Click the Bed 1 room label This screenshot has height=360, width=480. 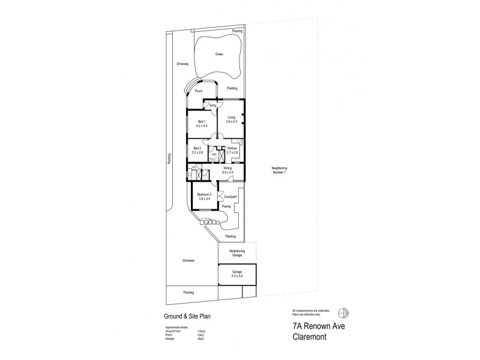[x=202, y=122]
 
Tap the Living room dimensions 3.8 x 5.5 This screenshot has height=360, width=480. [x=232, y=122]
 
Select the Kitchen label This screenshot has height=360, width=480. [x=232, y=148]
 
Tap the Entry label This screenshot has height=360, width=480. [x=213, y=106]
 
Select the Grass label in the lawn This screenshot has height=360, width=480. [x=220, y=53]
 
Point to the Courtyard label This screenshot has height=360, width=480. [x=231, y=196]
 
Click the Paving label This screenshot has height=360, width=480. [x=226, y=206]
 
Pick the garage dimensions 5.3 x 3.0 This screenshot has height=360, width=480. [x=237, y=276]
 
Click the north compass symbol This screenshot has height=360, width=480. [x=343, y=313]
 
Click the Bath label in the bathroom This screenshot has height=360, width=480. [x=214, y=154]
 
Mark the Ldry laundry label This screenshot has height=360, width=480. [x=194, y=166]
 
